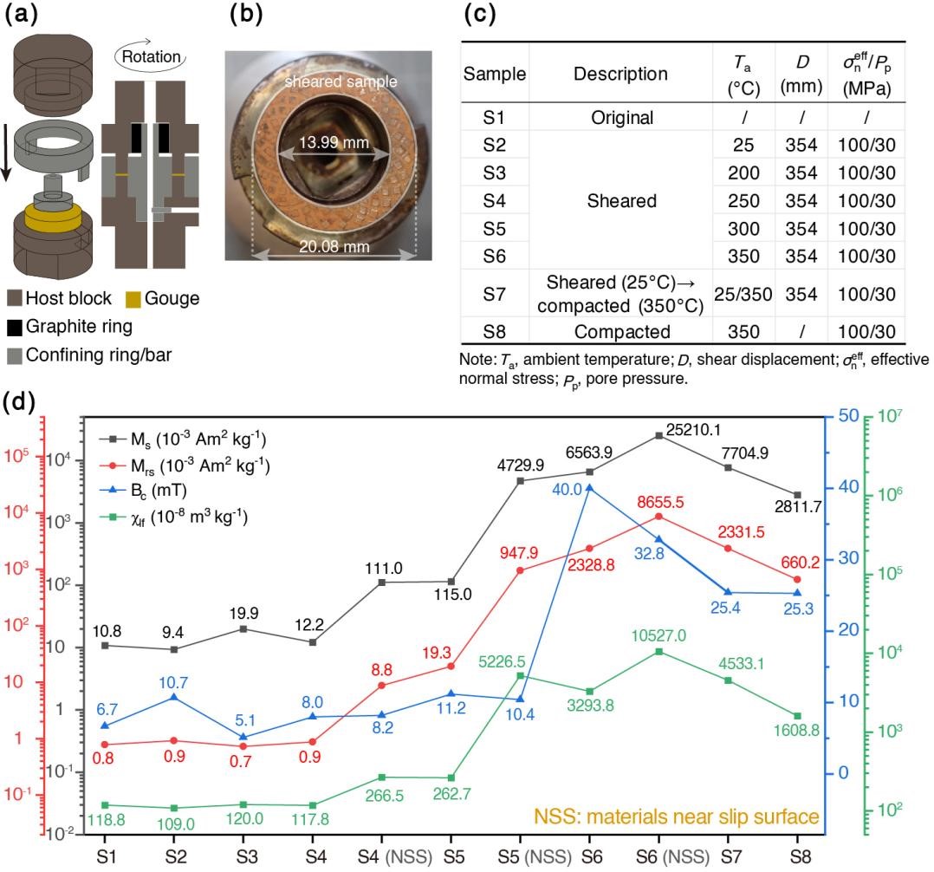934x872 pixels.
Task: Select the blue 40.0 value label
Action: [x=568, y=490]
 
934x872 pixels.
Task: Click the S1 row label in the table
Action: [x=495, y=116]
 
